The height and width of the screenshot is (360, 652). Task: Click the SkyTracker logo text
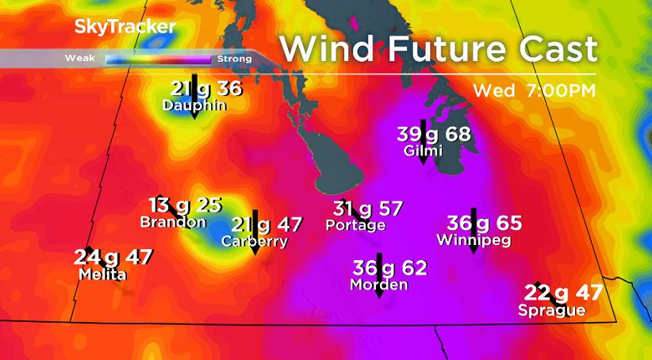tap(125, 27)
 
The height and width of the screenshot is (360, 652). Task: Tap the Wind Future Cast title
tap(439, 49)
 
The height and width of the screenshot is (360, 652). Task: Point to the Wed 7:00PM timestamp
tap(532, 90)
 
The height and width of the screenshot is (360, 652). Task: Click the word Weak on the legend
tap(80, 59)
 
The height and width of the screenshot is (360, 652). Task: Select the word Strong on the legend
tap(234, 59)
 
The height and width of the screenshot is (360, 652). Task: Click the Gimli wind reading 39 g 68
tap(433, 134)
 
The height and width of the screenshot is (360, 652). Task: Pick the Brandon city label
tap(173, 222)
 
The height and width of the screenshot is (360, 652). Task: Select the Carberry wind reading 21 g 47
tap(267, 225)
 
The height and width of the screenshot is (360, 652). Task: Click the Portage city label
tap(355, 225)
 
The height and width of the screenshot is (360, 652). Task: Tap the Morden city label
tap(379, 285)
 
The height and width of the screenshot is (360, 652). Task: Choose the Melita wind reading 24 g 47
tap(113, 258)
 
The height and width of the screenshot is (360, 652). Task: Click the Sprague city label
tap(552, 310)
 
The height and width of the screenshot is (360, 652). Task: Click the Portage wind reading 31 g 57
tap(368, 209)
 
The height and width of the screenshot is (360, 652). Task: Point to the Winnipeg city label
tap(474, 239)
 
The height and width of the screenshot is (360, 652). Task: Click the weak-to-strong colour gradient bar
tap(157, 59)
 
